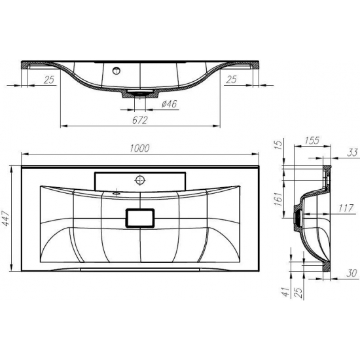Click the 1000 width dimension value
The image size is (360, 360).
click(x=140, y=149)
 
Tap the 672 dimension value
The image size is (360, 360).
click(x=140, y=120)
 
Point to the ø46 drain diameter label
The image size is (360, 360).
click(x=170, y=103)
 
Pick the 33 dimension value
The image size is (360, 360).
click(x=352, y=153)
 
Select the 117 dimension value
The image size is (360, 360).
click(x=348, y=209)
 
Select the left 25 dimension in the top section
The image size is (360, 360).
click(x=48, y=80)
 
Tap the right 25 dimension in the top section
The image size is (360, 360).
click(x=230, y=80)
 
